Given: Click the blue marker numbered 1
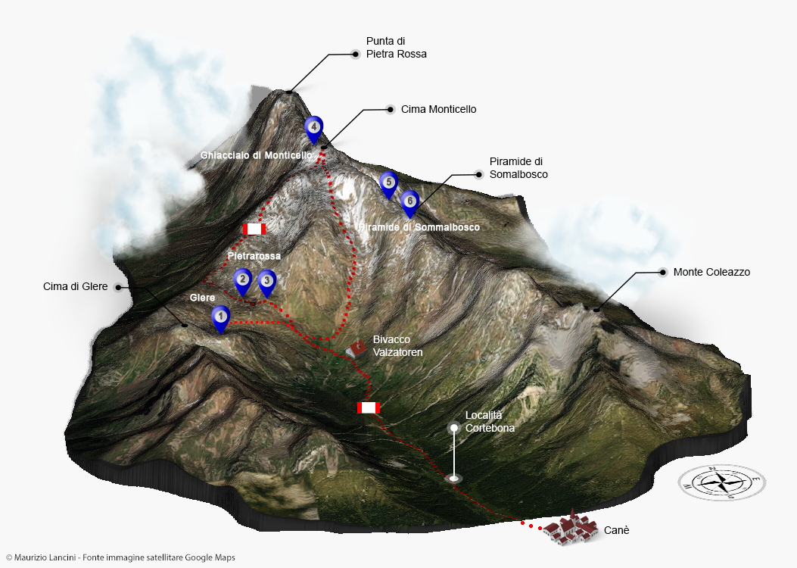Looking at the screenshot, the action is [x=220, y=317].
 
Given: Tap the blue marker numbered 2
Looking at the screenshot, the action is [x=242, y=280].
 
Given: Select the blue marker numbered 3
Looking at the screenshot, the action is [x=266, y=282].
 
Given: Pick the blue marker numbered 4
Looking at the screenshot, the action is [x=313, y=128].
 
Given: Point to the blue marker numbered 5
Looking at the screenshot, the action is [x=388, y=183].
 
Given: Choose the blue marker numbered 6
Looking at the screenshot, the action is [x=409, y=201].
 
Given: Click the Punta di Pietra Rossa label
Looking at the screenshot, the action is [x=396, y=47].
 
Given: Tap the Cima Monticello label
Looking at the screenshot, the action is [x=438, y=109].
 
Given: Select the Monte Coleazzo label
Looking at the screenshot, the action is [x=711, y=272].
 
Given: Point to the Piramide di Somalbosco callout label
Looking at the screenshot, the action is [x=518, y=167].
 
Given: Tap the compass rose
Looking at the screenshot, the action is [x=722, y=482].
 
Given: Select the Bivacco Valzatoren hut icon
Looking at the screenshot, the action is [x=356, y=348].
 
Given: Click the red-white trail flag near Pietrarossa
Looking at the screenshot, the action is [x=254, y=229].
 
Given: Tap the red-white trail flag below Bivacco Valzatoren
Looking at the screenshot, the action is [x=368, y=408].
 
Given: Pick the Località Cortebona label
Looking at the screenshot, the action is [x=490, y=421].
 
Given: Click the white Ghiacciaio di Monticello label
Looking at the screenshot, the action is [x=256, y=155].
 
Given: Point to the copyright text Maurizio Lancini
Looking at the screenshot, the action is [x=120, y=558].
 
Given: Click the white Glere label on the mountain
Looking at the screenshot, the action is [x=202, y=298].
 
